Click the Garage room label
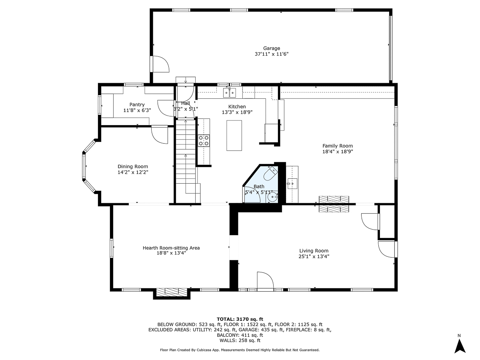click(271, 48)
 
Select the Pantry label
click(137, 105)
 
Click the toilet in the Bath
click(271, 174)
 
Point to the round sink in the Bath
click(273, 196)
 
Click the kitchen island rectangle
click(234, 135)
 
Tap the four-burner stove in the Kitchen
click(204, 140)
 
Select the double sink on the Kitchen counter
click(229, 93)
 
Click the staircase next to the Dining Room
click(186, 160)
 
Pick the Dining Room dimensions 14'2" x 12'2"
click(133, 172)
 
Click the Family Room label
click(338, 146)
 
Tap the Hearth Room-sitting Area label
click(171, 248)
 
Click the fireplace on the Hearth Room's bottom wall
click(172, 292)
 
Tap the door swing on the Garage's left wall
click(160, 64)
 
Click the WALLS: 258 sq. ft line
click(240, 340)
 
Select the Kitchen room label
click(237, 106)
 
